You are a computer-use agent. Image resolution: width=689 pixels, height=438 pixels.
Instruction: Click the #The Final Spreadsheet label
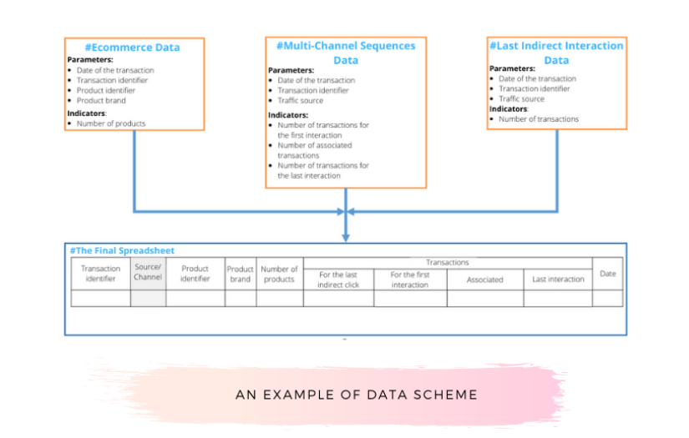point(121,250)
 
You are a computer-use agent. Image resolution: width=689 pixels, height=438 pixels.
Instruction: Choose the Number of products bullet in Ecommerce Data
point(111,123)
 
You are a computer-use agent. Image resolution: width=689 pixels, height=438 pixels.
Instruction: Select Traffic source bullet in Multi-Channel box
point(300,101)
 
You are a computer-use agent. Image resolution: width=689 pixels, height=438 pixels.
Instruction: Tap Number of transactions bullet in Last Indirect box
point(539,119)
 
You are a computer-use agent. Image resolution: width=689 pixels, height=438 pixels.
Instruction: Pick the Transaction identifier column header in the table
point(100,274)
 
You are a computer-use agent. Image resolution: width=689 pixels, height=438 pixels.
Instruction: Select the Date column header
point(607,274)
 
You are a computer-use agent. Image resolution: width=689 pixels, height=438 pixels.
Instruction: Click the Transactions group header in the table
point(448,263)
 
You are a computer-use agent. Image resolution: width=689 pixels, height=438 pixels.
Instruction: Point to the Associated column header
point(484,279)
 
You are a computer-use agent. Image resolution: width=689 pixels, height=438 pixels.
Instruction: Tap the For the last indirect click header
point(338,279)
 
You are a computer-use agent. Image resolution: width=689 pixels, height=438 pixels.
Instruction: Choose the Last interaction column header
point(558,279)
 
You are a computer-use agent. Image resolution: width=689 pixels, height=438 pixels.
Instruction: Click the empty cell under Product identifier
point(195,298)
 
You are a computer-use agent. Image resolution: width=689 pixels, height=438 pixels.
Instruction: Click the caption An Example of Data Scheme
point(357,395)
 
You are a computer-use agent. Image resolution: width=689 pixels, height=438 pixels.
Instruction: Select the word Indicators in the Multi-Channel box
point(288,115)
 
